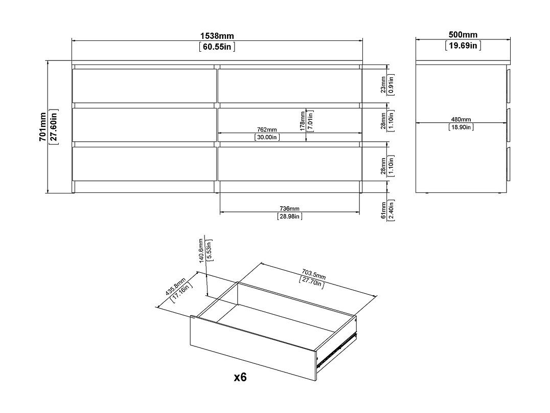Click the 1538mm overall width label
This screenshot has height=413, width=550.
click(x=217, y=36)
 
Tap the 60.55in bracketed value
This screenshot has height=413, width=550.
click(x=217, y=47)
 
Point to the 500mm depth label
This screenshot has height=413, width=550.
click(x=463, y=35)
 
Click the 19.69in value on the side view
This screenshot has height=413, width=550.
click(x=463, y=46)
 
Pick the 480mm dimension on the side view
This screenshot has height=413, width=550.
click(x=461, y=120)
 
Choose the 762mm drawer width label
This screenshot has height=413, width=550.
click(x=267, y=130)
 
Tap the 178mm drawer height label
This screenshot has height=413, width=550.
click(x=303, y=121)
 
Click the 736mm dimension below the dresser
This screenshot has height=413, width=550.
click(x=289, y=209)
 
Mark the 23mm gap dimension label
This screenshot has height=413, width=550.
click(x=383, y=84)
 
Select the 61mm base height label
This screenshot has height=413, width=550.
click(x=383, y=210)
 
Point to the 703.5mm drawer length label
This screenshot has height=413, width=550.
click(x=314, y=274)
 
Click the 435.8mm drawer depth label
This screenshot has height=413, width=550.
click(x=175, y=286)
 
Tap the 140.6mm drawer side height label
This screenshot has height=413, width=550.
click(x=201, y=250)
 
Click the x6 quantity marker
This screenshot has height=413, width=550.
click(x=240, y=377)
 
